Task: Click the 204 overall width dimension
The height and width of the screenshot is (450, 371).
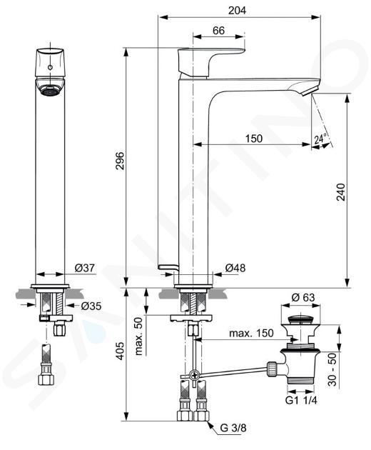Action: [x=237, y=10]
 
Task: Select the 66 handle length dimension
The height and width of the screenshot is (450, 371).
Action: [x=218, y=31]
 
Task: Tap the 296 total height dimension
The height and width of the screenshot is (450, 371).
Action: [x=120, y=161]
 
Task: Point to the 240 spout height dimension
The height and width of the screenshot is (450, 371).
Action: [x=340, y=191]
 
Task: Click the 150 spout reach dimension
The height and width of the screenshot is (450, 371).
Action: [x=254, y=139]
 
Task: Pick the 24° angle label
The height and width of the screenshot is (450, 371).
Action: [x=320, y=139]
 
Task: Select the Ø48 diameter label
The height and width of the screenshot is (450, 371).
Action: [x=235, y=268]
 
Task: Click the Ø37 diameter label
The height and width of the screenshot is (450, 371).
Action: [x=85, y=268]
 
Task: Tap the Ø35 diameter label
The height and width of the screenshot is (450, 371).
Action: [x=91, y=306]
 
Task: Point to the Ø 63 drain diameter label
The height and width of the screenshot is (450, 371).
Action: [x=303, y=297]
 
